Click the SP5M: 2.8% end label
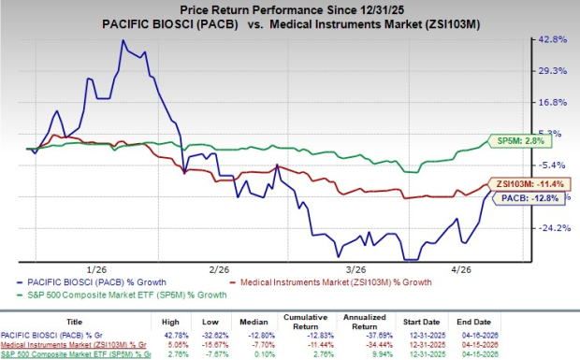(519, 142)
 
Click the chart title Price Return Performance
(290, 10)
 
